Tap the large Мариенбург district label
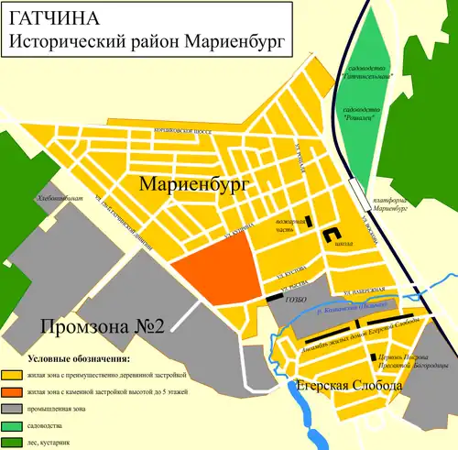(x=195, y=185)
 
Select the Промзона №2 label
(x=100, y=326)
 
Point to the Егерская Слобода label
(x=348, y=388)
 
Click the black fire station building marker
(x=308, y=220)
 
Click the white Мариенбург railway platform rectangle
(x=354, y=194)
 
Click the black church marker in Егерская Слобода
(x=371, y=357)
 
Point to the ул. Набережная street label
(x=355, y=292)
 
